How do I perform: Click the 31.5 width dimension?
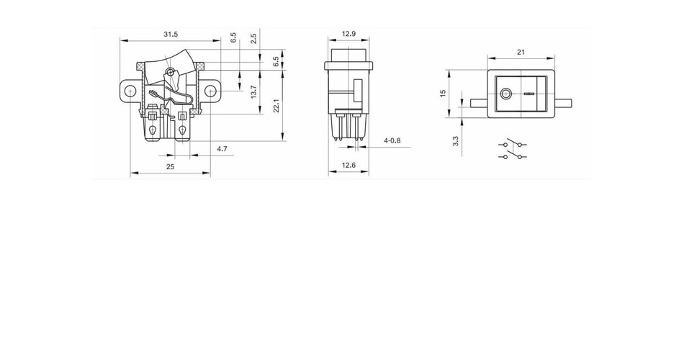(x=171, y=34)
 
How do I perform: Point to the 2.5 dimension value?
(x=253, y=38)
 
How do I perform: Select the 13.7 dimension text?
(x=254, y=91)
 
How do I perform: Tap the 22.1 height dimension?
(x=276, y=106)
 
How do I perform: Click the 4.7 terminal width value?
(x=222, y=149)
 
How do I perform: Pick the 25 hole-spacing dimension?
(x=170, y=166)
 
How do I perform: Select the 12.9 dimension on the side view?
(x=348, y=34)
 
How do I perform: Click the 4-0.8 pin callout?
(x=392, y=140)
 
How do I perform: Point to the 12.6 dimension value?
(x=348, y=165)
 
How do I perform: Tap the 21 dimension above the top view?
(x=521, y=52)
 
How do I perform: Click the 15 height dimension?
(x=444, y=94)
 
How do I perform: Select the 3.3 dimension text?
(x=456, y=141)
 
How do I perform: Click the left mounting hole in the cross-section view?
(x=130, y=91)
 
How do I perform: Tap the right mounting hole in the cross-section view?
(x=211, y=91)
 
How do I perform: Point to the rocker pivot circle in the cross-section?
(x=171, y=73)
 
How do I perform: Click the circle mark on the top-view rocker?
(x=506, y=94)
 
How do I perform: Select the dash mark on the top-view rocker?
(x=529, y=94)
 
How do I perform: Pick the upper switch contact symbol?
(x=513, y=143)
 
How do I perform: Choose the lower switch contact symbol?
(x=513, y=156)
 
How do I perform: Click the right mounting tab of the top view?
(x=563, y=104)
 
